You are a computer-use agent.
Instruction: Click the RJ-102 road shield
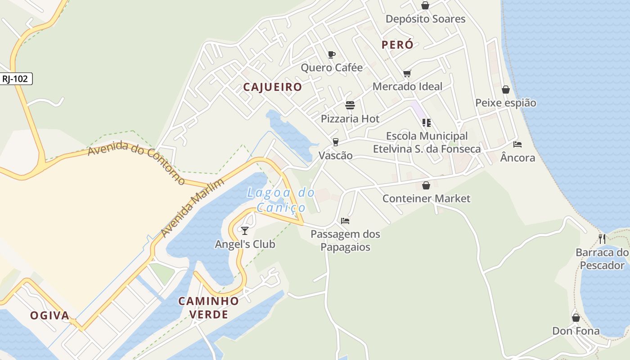click(x=15, y=79)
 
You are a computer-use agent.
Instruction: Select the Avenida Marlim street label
click(x=192, y=208)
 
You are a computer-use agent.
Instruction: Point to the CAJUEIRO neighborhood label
click(x=272, y=87)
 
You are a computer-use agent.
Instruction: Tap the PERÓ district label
click(x=397, y=45)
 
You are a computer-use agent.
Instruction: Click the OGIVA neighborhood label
click(x=50, y=315)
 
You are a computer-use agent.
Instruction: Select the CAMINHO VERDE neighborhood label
click(x=208, y=308)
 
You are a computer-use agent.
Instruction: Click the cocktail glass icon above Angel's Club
click(x=245, y=231)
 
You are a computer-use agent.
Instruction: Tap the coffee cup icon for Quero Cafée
click(x=332, y=55)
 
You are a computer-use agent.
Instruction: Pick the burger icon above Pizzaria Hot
click(x=350, y=106)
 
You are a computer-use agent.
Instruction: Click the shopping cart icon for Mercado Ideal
click(x=407, y=73)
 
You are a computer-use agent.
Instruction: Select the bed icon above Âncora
click(x=517, y=144)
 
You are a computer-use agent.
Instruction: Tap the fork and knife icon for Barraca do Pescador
click(x=602, y=239)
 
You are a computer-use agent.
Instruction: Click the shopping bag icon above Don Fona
click(x=576, y=318)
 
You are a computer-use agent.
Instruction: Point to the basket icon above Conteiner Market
click(x=426, y=185)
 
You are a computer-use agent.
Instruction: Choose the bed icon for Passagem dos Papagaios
click(x=345, y=221)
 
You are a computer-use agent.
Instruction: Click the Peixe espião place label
click(x=506, y=103)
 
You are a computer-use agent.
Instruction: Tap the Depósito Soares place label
click(x=425, y=19)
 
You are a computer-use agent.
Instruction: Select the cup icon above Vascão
click(x=335, y=142)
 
